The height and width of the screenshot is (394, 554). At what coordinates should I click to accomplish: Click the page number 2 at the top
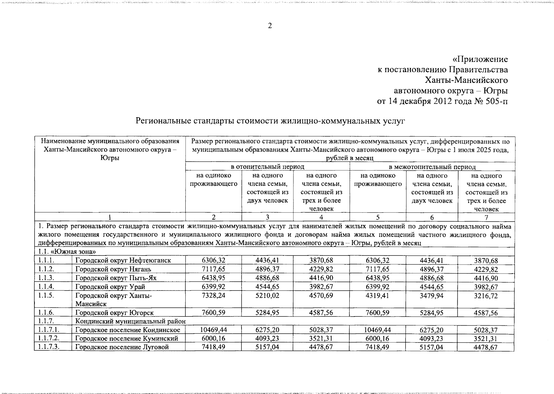pyautogui.click(x=270, y=26)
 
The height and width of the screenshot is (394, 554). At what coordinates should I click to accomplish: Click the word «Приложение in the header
pyautogui.click(x=480, y=59)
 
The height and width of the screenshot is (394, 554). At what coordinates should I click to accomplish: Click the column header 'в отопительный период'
pyautogui.click(x=267, y=167)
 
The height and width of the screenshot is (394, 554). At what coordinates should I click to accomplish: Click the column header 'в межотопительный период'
pyautogui.click(x=432, y=167)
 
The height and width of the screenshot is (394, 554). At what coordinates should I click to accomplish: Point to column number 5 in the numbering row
pyautogui.click(x=378, y=217)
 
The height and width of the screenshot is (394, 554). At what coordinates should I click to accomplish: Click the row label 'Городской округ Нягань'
pyautogui.click(x=113, y=269)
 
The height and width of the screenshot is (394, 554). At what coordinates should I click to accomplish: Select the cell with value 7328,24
pyautogui.click(x=214, y=295)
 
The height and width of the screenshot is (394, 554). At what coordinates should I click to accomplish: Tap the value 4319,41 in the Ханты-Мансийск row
pyautogui.click(x=378, y=295)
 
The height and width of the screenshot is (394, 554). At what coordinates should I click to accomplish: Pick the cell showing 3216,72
pyautogui.click(x=486, y=296)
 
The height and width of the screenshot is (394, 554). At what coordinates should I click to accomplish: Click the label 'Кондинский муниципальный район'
pyautogui.click(x=130, y=321)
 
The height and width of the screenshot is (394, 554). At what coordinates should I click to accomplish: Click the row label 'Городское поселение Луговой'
pyautogui.click(x=122, y=347)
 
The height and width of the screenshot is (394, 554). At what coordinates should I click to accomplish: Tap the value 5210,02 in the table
pyautogui.click(x=267, y=295)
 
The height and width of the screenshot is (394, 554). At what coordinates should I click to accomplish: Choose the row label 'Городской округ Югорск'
pyautogui.click(x=114, y=313)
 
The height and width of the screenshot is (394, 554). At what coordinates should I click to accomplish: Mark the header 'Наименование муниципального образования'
pyautogui.click(x=110, y=142)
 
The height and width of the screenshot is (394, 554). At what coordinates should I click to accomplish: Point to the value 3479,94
pyautogui.click(x=432, y=296)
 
